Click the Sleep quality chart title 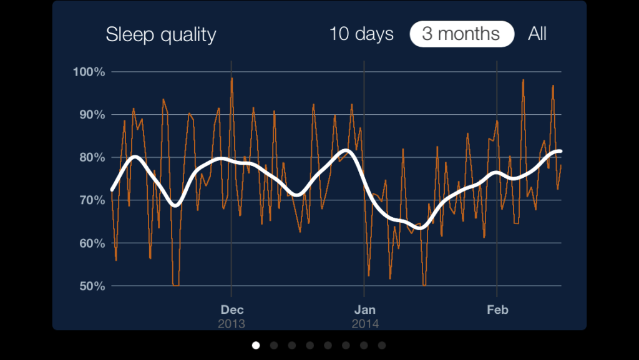point(160,34)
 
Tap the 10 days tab point(361,34)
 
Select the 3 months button point(461,34)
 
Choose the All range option point(537,34)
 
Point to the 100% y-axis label point(89,72)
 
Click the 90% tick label point(91,115)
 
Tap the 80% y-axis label point(91,157)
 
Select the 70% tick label point(91,200)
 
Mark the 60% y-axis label point(91,243)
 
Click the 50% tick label point(91,286)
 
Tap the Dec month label point(232,309)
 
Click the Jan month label point(364,309)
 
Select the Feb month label point(497,309)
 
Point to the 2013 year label point(232,324)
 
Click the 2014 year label point(364,324)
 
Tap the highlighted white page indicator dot point(256,345)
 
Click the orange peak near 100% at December point(232,79)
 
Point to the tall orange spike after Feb point(523,80)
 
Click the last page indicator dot point(382,345)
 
